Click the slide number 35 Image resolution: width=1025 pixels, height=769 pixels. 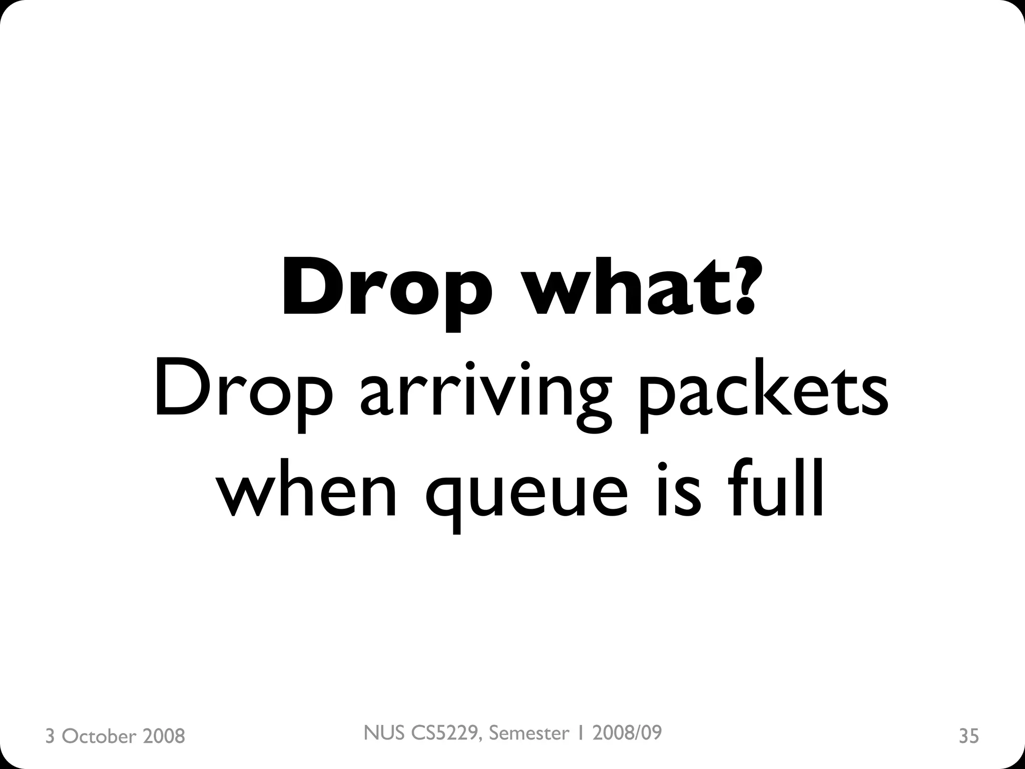(969, 736)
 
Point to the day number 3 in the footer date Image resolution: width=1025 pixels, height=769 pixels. (50, 736)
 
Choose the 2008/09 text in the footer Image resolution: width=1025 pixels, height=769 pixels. (627, 733)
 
